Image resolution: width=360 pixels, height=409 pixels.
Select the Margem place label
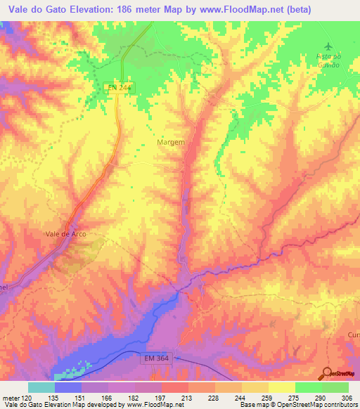click(170, 142)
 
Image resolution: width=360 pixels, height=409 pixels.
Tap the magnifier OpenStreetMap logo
click(326, 372)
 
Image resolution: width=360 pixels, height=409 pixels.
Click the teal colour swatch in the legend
click(41, 387)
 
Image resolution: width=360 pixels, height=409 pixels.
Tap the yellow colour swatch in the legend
click(281, 387)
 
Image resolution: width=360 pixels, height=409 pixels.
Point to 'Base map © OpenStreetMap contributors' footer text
click(297, 405)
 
